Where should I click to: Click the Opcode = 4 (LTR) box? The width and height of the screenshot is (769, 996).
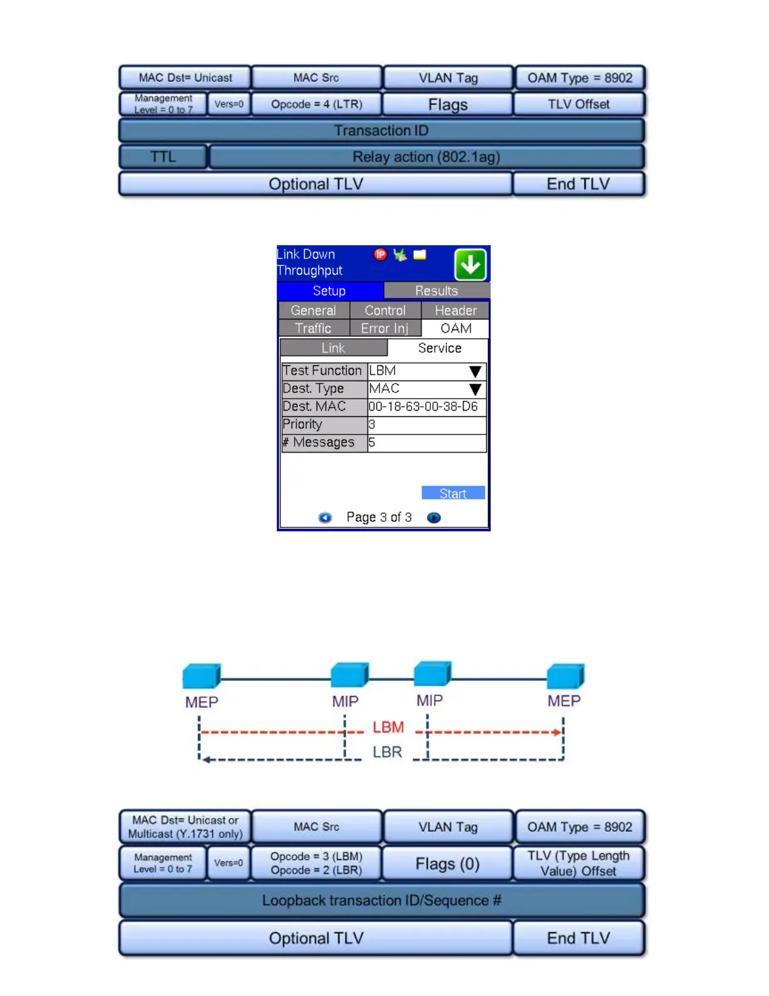317,104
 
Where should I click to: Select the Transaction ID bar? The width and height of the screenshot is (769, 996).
381,131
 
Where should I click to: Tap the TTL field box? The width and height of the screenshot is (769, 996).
163,157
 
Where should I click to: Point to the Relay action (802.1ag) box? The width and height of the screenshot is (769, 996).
426,157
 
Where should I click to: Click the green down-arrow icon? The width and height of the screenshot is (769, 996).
470,265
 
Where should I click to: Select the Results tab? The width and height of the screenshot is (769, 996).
436,290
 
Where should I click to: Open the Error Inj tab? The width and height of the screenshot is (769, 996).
384,328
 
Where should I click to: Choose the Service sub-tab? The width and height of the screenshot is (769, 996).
439,348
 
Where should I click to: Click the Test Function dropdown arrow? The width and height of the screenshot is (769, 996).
475,371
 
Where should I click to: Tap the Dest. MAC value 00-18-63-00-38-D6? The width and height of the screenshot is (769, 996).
423,407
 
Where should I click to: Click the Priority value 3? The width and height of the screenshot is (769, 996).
372,424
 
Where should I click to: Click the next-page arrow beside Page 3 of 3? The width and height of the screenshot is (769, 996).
434,517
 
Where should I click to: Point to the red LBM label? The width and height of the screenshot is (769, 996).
388,728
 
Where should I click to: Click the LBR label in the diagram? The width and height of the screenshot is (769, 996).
387,752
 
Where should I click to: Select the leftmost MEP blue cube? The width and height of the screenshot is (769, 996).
201,676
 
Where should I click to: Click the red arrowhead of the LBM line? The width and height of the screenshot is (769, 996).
557,732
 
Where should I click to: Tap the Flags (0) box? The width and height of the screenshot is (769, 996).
447,864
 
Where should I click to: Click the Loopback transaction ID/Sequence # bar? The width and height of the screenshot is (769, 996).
381,900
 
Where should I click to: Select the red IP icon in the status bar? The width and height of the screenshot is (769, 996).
380,255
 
